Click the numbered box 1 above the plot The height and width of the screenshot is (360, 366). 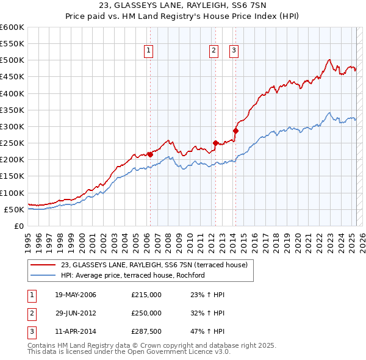point(149,51)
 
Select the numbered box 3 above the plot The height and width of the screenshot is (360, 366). point(234,51)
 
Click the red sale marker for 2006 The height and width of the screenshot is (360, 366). point(150,154)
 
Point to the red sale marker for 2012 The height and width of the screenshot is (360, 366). point(215,143)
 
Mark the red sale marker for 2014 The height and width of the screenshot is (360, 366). point(235,131)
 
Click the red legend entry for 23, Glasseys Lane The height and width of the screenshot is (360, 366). point(154,265)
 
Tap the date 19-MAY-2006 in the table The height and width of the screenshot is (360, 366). point(76,295)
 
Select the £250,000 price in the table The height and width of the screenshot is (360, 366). point(146,313)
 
